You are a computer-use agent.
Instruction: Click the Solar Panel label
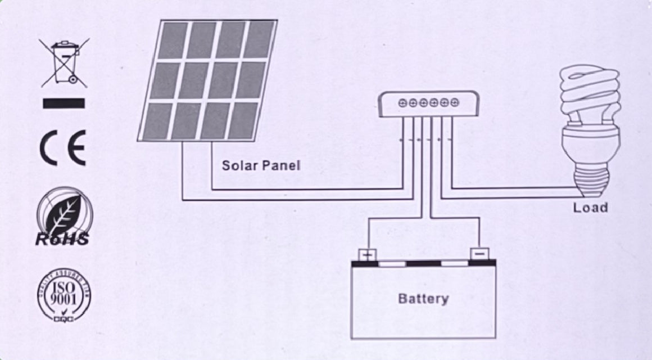pos(261,165)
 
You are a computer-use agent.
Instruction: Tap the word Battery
pos(423,298)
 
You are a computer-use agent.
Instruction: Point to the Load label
pos(590,208)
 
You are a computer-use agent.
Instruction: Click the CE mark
pos(63,148)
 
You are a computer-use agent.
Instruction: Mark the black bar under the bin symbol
pos(64,103)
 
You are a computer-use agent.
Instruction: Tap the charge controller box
pos(429,105)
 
